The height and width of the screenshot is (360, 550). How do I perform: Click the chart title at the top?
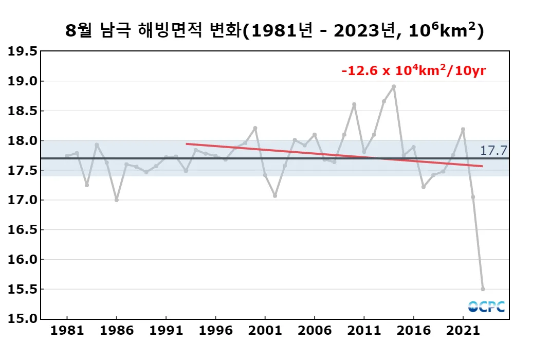(x=274, y=31)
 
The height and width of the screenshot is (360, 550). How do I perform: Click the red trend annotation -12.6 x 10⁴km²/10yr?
(x=414, y=70)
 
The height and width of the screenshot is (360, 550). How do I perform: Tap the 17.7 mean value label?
(x=492, y=150)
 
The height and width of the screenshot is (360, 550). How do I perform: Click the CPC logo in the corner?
(x=486, y=307)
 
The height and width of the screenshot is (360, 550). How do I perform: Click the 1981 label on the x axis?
(x=67, y=331)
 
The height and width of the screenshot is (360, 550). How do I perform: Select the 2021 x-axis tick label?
(x=463, y=331)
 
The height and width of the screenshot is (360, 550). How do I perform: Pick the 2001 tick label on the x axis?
(x=265, y=331)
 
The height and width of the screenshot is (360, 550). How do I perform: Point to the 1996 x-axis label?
(x=215, y=331)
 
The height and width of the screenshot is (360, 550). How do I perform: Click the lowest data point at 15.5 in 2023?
(x=483, y=289)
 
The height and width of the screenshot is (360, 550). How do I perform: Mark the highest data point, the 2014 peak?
(x=394, y=86)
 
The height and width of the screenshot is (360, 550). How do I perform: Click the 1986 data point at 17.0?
(x=117, y=200)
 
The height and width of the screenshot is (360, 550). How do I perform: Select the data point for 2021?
(x=463, y=129)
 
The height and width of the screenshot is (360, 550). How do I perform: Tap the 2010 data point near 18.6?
(x=354, y=104)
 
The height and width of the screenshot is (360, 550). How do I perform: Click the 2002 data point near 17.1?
(x=275, y=195)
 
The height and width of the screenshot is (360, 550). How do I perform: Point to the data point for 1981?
(x=67, y=156)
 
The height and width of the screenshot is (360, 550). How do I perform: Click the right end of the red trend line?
(x=482, y=166)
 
